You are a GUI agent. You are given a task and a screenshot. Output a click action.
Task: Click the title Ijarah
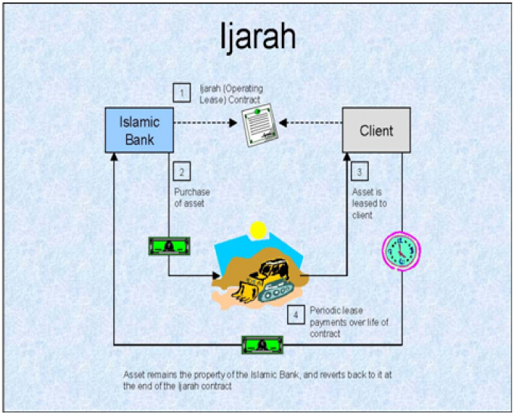258,37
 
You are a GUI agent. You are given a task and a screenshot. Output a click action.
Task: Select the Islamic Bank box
139,131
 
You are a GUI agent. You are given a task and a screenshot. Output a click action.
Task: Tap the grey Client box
376,131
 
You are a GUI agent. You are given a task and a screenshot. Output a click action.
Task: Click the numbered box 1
182,93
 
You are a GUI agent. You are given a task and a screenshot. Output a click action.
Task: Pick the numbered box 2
182,171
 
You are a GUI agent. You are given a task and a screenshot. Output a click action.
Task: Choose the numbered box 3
360,171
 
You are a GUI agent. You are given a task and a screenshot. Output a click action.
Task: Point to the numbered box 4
296,315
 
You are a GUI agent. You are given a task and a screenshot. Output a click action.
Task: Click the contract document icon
259,124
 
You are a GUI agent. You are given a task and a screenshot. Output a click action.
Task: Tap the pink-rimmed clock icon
401,251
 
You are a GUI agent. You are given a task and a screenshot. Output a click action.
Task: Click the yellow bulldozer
263,281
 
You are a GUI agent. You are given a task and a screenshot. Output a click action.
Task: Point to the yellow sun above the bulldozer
258,230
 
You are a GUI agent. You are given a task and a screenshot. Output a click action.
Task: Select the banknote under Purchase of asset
169,246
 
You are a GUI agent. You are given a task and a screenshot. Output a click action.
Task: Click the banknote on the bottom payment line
262,345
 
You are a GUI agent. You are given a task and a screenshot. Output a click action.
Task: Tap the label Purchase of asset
192,198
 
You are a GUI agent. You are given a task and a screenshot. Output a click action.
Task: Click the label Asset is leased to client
370,203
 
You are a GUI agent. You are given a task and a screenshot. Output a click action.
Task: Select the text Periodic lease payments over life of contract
349,322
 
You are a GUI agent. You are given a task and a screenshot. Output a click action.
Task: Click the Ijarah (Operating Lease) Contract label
231,94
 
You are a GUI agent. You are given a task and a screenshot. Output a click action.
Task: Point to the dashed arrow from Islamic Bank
206,123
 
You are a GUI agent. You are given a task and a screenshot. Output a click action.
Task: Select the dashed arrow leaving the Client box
311,123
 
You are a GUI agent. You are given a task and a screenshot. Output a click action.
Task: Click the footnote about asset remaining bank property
257,380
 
